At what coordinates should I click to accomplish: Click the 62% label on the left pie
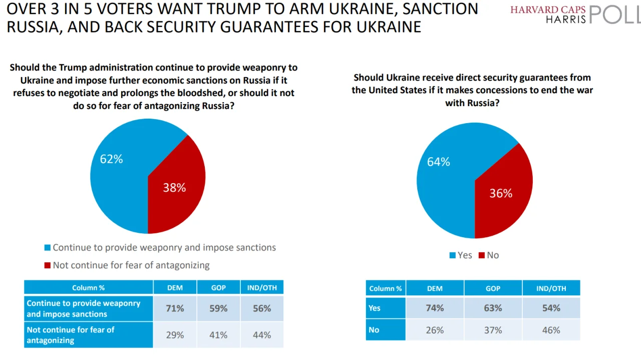(x=111, y=159)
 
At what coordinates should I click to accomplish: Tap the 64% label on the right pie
(x=438, y=162)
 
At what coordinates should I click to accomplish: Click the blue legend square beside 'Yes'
(x=453, y=255)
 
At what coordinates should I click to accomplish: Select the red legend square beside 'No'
(x=482, y=255)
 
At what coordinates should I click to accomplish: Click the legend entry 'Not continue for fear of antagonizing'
(x=131, y=265)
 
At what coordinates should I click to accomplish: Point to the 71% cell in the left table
(x=175, y=308)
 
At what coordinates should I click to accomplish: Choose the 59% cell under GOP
(x=218, y=308)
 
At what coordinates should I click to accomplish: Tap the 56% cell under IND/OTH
(x=262, y=308)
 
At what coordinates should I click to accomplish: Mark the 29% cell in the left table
(x=175, y=335)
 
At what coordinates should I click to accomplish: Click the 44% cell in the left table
(x=262, y=335)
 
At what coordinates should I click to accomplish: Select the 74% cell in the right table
(x=435, y=308)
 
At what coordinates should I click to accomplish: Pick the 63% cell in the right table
(x=493, y=308)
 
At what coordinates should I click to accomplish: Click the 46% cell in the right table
(x=551, y=330)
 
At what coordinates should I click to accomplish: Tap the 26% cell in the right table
(x=435, y=330)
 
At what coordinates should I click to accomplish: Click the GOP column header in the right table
(x=493, y=288)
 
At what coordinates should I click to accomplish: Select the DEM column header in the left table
(x=175, y=287)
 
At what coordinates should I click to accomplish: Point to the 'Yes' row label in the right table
(x=375, y=308)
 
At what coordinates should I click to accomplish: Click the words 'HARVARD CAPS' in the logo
(x=548, y=10)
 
